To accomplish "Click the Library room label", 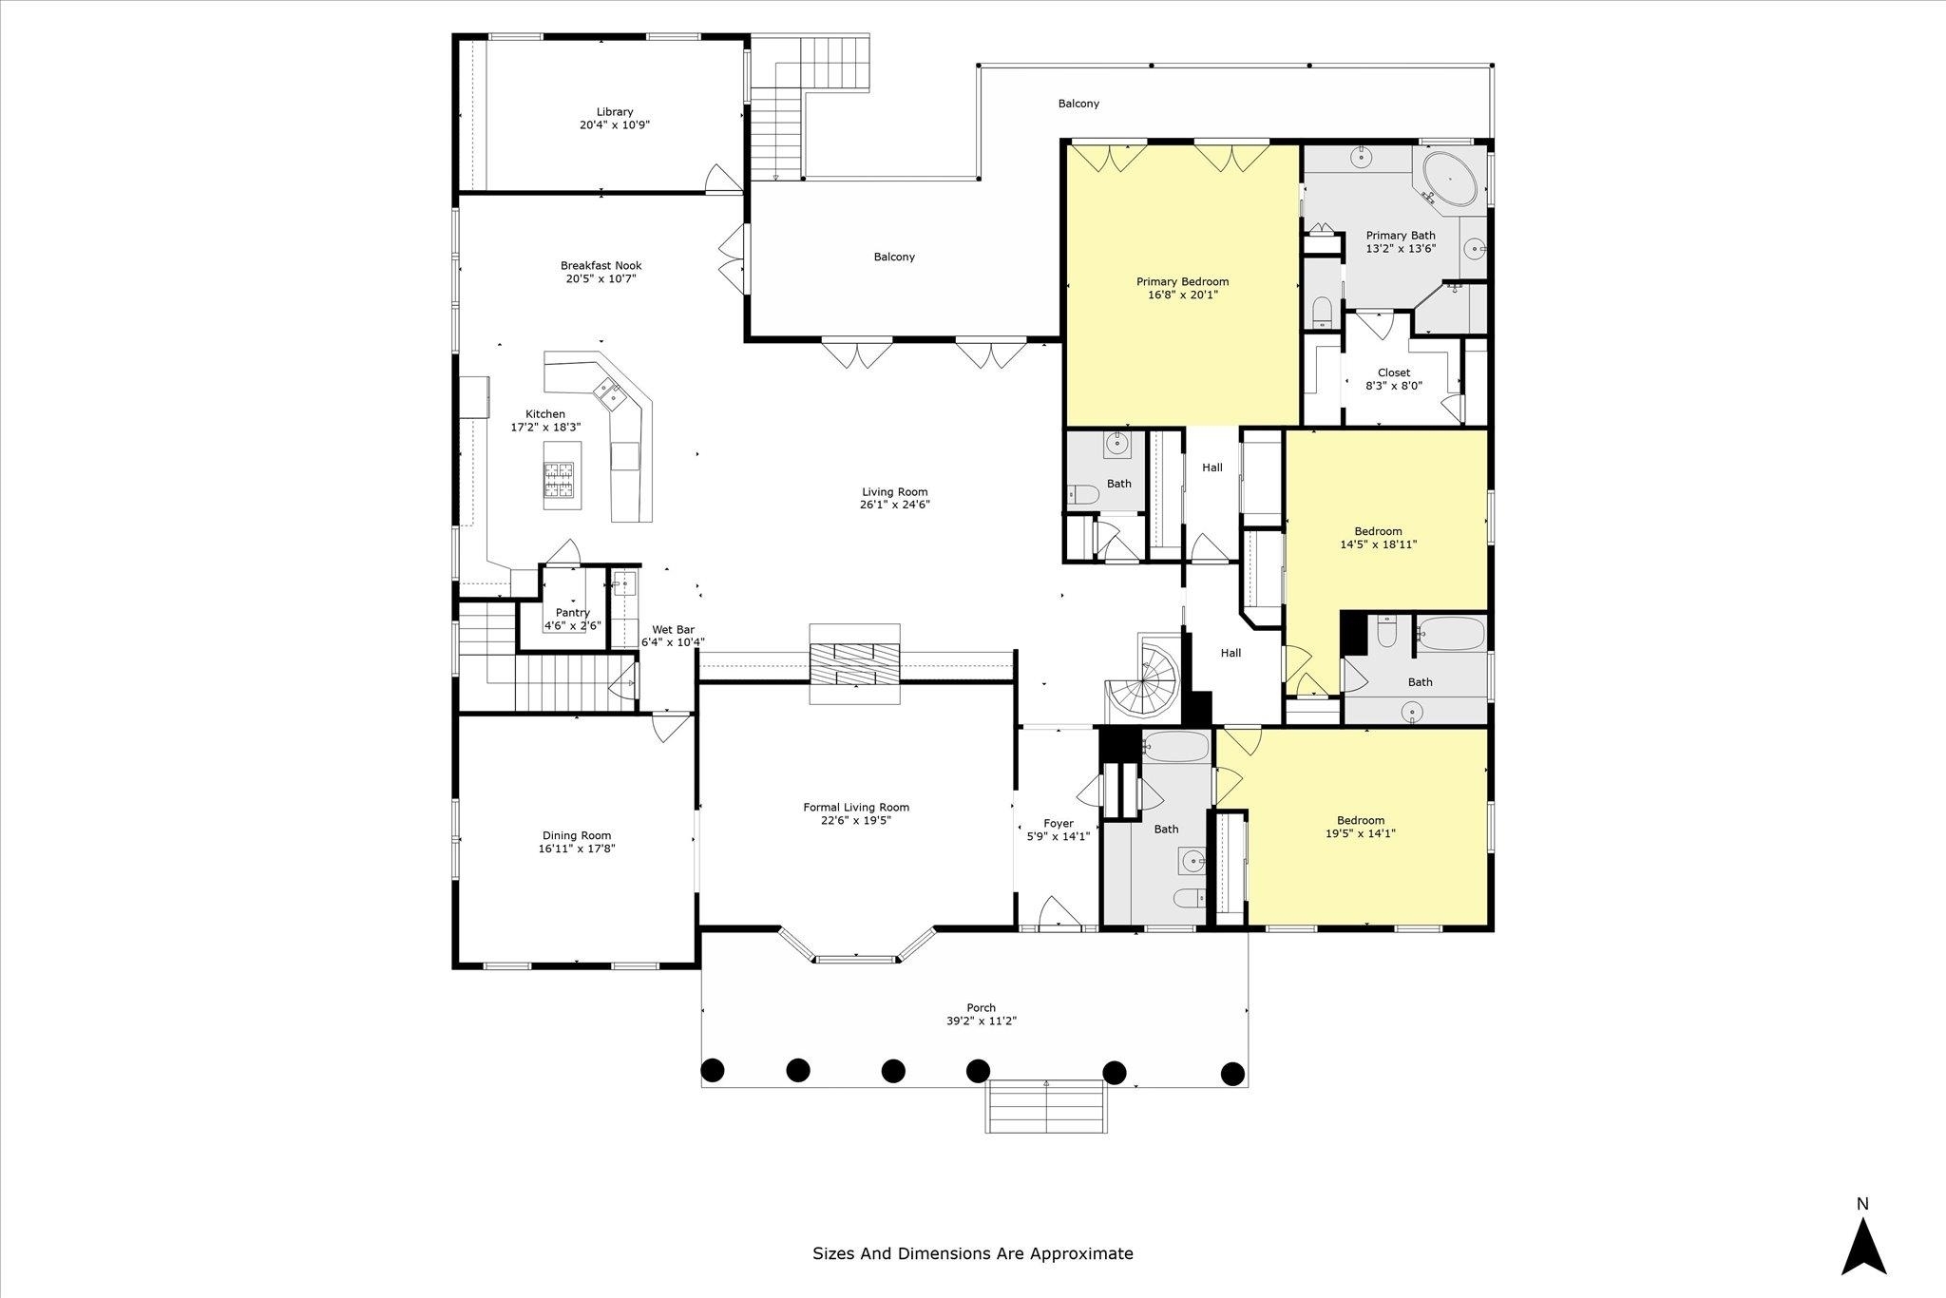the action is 615,112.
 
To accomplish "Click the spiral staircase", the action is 1148,677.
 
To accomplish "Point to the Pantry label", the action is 573,613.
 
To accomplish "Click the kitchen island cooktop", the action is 559,479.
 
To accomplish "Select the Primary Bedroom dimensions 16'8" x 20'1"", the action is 1182,295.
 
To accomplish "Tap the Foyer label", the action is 1058,824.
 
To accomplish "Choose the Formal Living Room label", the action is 856,808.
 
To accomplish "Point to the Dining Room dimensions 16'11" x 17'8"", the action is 577,849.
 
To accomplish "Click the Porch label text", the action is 982,1008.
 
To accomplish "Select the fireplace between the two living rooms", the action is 855,664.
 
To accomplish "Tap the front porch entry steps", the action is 1046,1106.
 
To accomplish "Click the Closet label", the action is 1394,372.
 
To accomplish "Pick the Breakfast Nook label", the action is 601,266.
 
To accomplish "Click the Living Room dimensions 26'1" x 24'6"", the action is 894,505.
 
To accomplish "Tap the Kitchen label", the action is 545,414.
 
